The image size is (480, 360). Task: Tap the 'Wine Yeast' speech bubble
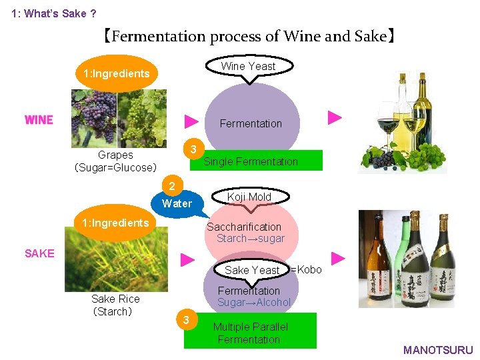coord(248,66)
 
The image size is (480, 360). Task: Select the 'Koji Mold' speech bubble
coord(249,197)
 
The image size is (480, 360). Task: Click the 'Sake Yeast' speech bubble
coord(251,270)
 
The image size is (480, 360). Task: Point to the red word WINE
coord(39,120)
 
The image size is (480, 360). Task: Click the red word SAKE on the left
coord(39,253)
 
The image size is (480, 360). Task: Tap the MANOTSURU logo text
coord(438,350)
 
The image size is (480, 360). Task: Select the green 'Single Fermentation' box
coord(260,161)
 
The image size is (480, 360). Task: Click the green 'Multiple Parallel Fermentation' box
coord(250,332)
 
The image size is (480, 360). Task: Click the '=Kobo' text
coord(306,269)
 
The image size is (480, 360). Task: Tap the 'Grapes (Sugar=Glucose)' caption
coord(115,161)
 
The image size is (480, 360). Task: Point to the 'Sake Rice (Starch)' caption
coord(115,305)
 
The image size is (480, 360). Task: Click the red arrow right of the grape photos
coord(191,121)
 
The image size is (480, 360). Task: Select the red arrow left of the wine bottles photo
coord(335,118)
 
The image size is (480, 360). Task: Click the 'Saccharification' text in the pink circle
coord(243,227)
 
